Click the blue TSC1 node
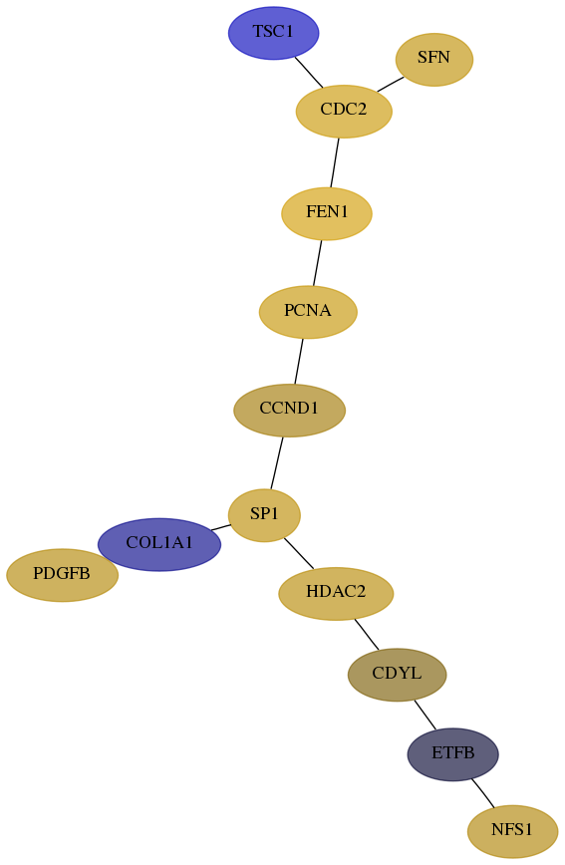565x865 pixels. click(273, 33)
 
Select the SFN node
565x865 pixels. click(433, 59)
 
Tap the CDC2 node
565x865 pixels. click(344, 111)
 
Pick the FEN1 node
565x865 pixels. click(327, 213)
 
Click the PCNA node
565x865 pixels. click(308, 312)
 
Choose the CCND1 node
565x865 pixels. click(289, 410)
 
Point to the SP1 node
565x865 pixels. click(264, 514)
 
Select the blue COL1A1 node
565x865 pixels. click(158, 544)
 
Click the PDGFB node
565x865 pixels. click(62, 575)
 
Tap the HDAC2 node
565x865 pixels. click(336, 593)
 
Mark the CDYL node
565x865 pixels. click(397, 674)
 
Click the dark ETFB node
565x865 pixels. click(452, 754)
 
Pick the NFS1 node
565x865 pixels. click(512, 831)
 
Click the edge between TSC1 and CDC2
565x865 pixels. click(309, 72)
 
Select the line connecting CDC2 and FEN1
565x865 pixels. click(335, 162)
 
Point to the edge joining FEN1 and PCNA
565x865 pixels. click(317, 263)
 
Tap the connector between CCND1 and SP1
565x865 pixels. click(276, 462)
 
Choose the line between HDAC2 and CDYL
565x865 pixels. click(367, 634)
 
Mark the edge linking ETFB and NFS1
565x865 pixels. click(482, 792)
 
